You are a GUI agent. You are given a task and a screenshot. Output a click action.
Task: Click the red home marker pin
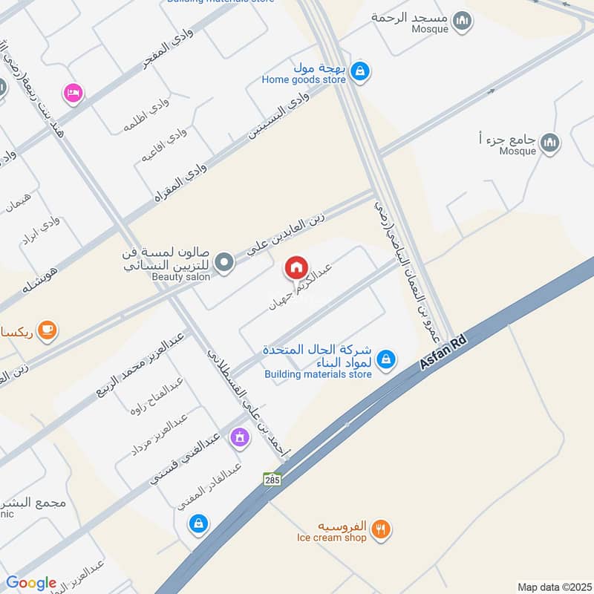point(296,267)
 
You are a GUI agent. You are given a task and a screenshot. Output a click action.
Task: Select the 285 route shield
point(272,480)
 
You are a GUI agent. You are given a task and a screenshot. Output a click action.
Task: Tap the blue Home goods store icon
point(360,71)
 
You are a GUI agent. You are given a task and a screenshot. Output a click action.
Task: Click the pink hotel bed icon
point(74,93)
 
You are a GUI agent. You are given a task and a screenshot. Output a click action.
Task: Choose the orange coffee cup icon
point(47,329)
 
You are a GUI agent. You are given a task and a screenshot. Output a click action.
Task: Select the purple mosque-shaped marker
point(239,437)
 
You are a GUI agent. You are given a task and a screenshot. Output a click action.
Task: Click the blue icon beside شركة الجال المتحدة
point(385,360)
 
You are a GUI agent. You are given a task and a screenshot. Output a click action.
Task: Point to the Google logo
point(30,583)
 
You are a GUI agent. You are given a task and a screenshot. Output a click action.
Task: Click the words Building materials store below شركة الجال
point(318,374)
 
